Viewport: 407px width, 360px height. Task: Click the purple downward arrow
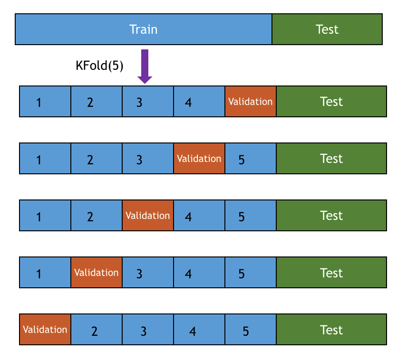144,66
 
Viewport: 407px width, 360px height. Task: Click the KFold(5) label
99,66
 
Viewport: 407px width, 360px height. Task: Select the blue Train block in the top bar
144,29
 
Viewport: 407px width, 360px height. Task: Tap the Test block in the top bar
327,29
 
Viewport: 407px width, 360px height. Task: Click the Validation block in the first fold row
251,102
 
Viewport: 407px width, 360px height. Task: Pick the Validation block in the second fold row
199,159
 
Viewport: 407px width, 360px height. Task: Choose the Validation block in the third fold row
148,216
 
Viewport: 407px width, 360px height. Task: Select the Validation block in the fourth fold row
97,273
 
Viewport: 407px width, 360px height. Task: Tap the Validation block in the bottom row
45,330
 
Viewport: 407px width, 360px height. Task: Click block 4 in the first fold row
199,102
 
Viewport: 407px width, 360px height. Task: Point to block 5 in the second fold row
251,159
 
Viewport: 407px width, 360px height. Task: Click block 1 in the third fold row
45,216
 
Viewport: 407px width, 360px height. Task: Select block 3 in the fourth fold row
148,273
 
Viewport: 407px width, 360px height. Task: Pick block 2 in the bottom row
97,330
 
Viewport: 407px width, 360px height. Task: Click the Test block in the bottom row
331,330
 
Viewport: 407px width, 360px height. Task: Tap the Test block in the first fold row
331,102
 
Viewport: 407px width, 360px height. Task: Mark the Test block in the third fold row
331,216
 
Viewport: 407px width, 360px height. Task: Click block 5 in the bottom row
251,330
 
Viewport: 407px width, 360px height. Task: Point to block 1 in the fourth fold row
45,273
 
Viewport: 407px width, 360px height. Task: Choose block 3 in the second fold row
148,159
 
